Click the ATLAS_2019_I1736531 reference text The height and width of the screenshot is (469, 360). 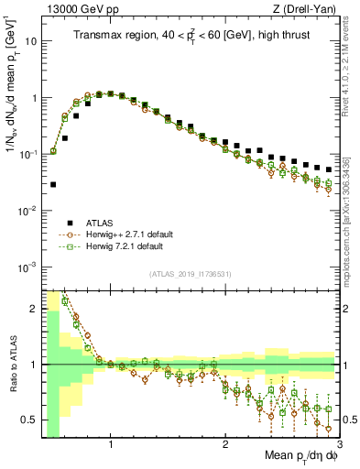click(190, 274)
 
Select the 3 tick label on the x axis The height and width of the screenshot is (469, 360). click(340, 444)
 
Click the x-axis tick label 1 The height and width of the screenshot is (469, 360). click(111, 444)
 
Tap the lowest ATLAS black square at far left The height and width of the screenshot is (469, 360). click(53, 184)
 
